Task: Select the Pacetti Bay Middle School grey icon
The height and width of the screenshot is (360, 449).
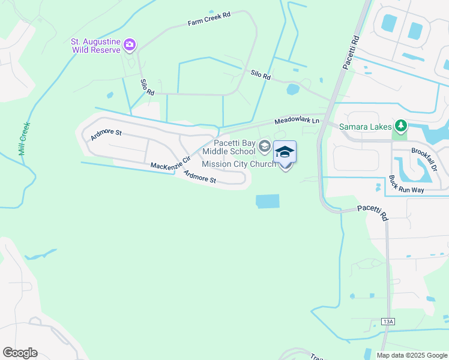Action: point(264,146)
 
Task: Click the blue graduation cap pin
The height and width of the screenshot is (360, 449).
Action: point(285,152)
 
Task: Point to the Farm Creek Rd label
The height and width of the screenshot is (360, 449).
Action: point(209,18)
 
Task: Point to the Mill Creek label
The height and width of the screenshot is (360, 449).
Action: point(25,139)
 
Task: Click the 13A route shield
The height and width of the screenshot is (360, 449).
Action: point(388,322)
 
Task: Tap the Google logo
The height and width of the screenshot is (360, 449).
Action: point(20,353)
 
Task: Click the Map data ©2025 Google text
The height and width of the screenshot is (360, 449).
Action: point(411,355)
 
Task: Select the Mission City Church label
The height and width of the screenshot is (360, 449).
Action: point(239,164)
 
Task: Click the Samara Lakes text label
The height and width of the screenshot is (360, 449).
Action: point(365,127)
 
